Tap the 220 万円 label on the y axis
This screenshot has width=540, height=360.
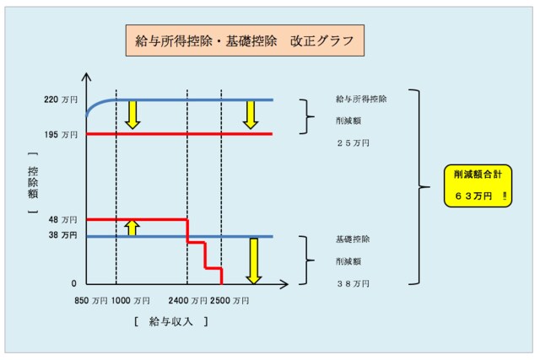tap(62, 99)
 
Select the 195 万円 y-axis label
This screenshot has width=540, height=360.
tap(62, 134)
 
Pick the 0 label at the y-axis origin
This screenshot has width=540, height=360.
tap(73, 284)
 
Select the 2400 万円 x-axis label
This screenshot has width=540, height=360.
tap(190, 299)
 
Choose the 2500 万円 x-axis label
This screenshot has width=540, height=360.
tap(229, 299)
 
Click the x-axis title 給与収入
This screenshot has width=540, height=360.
tap(171, 321)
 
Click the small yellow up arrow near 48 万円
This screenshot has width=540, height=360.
tap(131, 227)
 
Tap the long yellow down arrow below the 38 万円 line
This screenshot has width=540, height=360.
tap(251, 261)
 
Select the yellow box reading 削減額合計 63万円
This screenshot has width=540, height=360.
tap(478, 185)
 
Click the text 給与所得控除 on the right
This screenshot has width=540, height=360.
tap(361, 100)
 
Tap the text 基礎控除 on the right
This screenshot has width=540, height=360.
tap(352, 239)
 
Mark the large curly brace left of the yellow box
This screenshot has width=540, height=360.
tap(418, 185)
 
